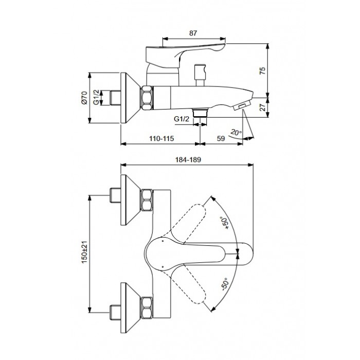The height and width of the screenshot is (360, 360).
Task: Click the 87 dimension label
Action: [193, 33]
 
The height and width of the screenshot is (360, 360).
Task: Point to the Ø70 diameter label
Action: [84, 98]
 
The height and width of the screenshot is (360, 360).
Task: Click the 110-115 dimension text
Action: [161, 138]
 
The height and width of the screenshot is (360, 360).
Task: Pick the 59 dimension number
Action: [221, 138]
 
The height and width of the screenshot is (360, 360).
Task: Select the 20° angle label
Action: [236, 133]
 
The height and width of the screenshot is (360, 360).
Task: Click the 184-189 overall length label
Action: [188, 159]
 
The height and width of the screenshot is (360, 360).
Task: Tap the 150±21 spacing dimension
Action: [84, 252]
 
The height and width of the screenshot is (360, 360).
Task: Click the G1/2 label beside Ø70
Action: [97, 98]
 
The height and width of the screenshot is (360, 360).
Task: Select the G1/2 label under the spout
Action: [182, 119]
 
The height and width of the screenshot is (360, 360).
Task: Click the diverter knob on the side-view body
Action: [200, 75]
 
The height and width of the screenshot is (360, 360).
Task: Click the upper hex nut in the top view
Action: [147, 200]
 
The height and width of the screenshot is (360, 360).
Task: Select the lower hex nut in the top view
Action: [147, 308]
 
